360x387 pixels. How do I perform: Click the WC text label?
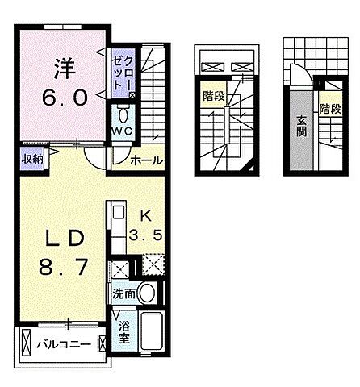coord(123,130)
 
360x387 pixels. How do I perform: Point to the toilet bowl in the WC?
coord(123,114)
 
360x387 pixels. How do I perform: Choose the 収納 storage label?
coord(32,158)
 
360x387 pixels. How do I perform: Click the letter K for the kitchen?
coord(145,216)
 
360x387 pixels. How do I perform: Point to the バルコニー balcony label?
coord(61,344)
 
